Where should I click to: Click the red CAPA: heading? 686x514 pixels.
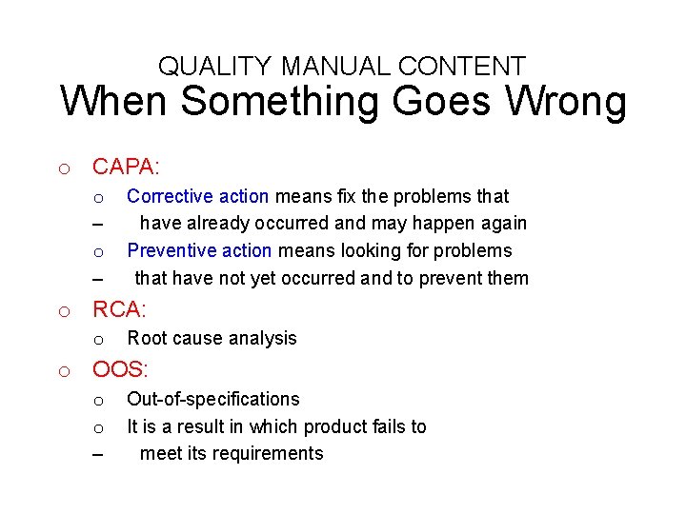tap(126, 167)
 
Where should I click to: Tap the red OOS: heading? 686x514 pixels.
tap(120, 370)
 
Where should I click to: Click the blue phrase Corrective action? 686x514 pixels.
tap(197, 196)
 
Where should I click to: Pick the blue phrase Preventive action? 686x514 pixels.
tap(199, 250)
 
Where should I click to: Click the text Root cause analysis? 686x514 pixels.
tap(212, 338)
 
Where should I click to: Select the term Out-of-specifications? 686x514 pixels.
tap(212, 399)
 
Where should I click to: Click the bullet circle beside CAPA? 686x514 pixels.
tap(63, 169)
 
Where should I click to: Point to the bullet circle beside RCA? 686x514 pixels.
tap(63, 311)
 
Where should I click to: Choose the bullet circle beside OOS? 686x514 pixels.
tap(63, 372)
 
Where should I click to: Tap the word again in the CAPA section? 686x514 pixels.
tap(503, 223)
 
